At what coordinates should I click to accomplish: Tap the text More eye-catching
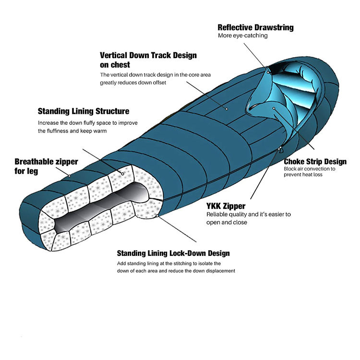coord(242,36)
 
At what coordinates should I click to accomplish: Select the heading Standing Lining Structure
coord(84,111)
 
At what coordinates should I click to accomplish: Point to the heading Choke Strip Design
coord(315,162)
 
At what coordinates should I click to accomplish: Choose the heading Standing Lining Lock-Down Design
coord(173,253)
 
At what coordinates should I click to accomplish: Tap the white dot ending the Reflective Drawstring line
coord(268,69)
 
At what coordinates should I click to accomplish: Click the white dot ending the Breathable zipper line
coord(70,176)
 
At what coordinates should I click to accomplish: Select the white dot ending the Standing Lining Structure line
coord(123,174)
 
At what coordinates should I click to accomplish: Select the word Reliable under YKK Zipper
coord(217,214)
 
